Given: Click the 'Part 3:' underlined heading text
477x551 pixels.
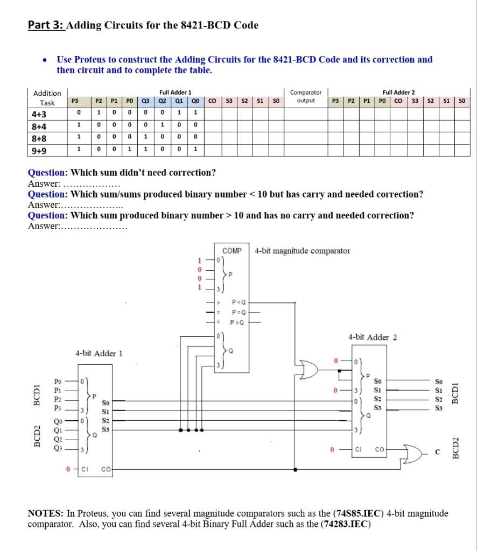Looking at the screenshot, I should click(x=46, y=25).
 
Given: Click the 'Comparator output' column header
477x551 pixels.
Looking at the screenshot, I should click(x=306, y=96).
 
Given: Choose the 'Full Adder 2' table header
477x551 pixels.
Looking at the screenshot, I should click(x=398, y=93).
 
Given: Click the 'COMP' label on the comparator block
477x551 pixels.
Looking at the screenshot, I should click(x=232, y=251).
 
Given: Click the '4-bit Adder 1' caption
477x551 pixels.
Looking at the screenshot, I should click(x=99, y=354).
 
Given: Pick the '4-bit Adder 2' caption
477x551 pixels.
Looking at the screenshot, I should click(x=373, y=337).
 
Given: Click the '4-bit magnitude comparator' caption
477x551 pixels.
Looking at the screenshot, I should click(x=303, y=251).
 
